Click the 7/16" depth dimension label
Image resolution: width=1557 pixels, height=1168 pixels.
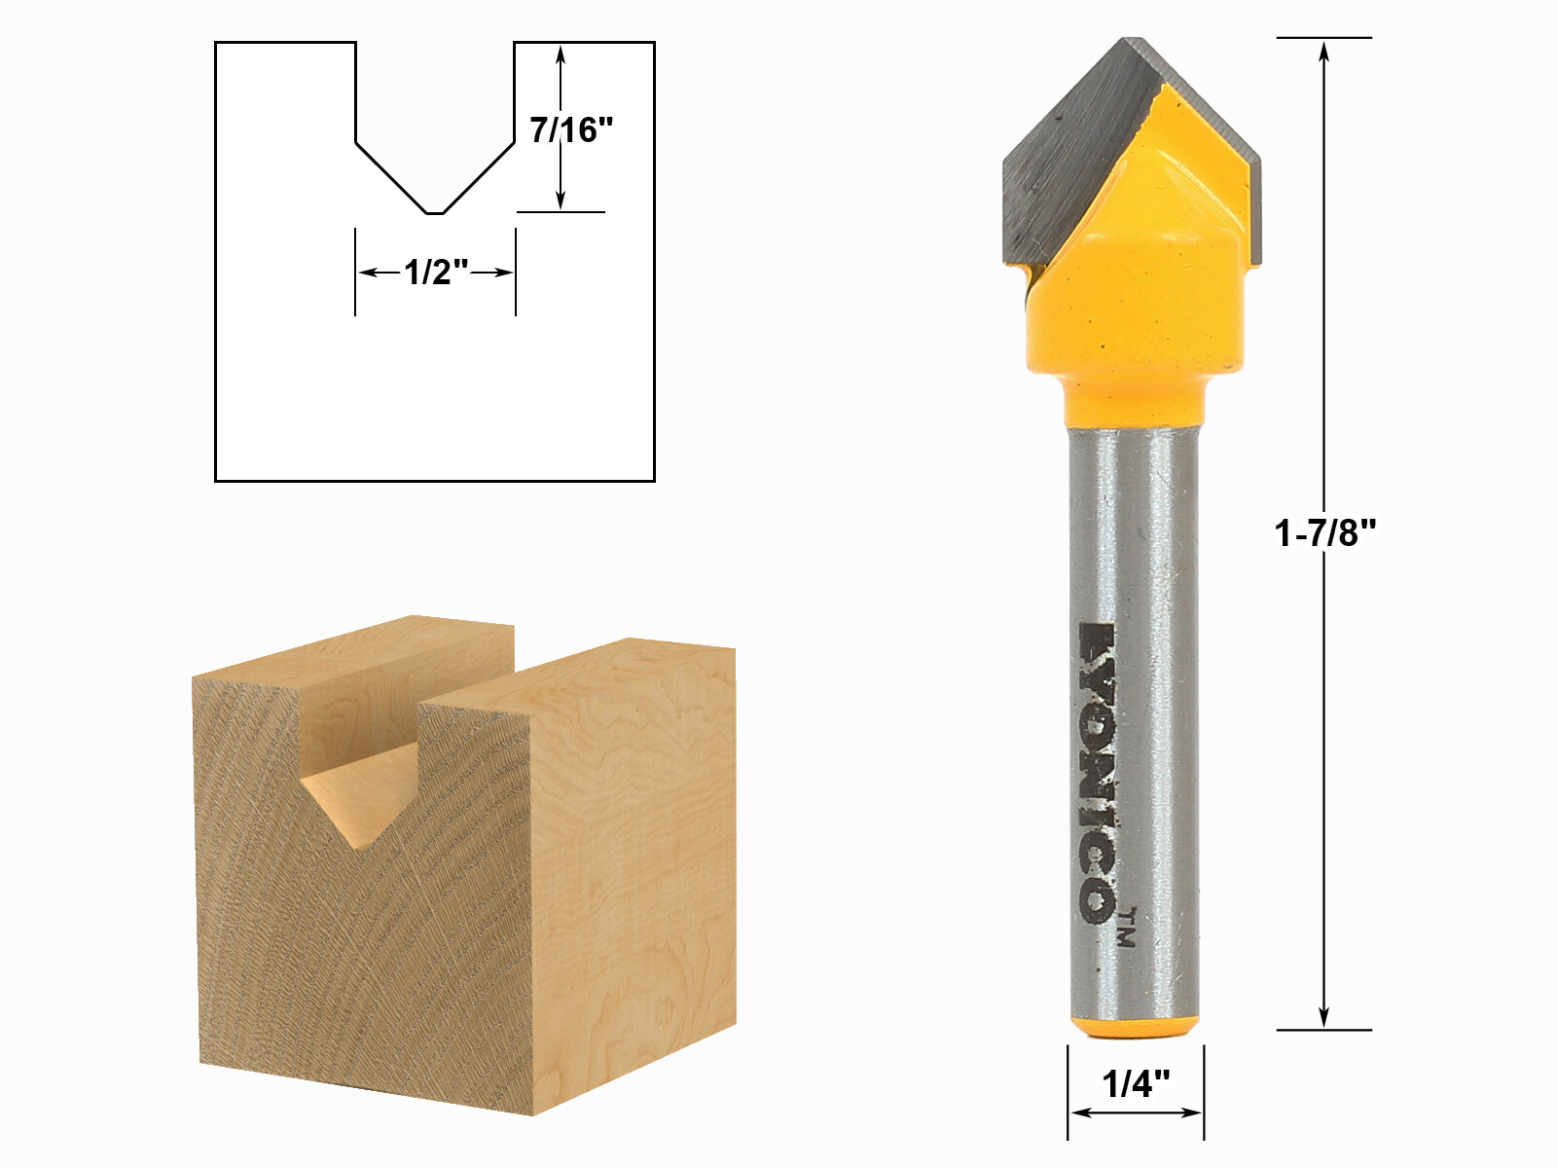coord(571,129)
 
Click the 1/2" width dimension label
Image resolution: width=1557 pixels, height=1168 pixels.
coord(435,272)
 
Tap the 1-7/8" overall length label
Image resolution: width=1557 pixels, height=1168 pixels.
coord(1324,532)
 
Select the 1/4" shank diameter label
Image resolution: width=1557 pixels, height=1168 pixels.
coord(1135,1082)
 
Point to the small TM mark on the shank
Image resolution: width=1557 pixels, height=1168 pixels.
coord(1127,928)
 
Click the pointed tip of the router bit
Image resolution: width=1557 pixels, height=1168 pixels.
coord(1132,41)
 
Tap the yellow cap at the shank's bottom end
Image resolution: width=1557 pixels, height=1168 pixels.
coord(1135,1027)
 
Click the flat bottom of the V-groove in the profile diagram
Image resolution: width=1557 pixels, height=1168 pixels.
coord(435,212)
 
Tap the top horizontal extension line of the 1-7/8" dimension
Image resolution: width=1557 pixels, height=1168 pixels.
coord(1323,38)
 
